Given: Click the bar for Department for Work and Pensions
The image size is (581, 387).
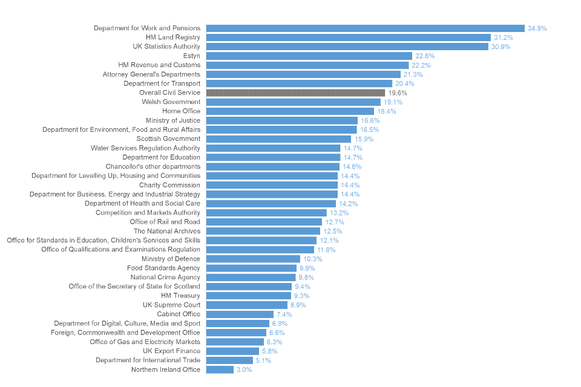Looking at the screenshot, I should [365, 28].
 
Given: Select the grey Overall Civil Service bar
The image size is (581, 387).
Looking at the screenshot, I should [295, 93].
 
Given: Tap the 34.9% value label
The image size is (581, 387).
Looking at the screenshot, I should [537, 28].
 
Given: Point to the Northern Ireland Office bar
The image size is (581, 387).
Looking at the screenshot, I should [220, 369].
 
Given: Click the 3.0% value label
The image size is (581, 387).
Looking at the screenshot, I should [244, 369].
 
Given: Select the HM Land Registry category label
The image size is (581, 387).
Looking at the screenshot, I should [172, 37].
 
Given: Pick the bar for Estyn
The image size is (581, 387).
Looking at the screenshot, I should [309, 56].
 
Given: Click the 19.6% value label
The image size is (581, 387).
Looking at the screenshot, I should [398, 93].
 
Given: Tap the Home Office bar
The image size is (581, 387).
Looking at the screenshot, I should [290, 111].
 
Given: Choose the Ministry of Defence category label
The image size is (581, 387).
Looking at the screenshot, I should [171, 259].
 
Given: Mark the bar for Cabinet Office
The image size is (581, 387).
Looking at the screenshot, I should [240, 314].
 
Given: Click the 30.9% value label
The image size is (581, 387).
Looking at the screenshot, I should [501, 47].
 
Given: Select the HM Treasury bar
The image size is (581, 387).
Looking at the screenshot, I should [248, 296].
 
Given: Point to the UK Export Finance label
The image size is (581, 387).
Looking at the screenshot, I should [171, 351].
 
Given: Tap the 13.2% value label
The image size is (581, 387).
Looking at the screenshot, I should [339, 213].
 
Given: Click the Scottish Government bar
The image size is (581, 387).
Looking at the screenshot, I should [278, 139].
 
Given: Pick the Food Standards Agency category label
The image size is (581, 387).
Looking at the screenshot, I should [163, 268].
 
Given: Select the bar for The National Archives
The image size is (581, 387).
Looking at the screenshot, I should [263, 231].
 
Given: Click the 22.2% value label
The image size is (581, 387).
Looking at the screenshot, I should [421, 65].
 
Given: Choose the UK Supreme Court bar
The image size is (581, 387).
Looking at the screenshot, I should [246, 305].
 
